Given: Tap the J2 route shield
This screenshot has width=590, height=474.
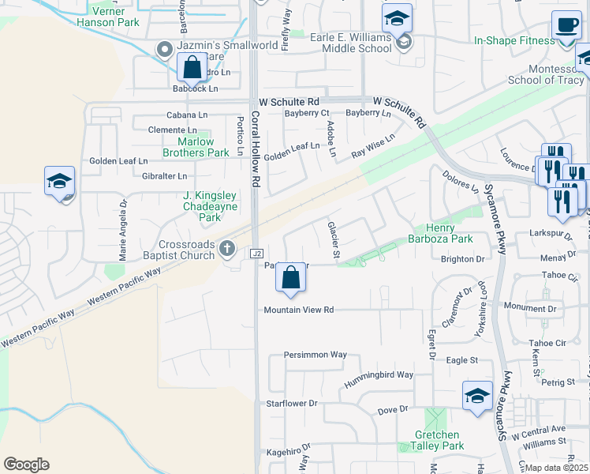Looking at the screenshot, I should click(x=256, y=254).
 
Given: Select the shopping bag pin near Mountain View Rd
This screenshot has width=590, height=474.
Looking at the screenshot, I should click(x=291, y=278).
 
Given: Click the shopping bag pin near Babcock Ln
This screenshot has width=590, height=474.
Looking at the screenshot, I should click(x=192, y=68).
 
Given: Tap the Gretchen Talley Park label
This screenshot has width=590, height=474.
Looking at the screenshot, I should click(x=439, y=440).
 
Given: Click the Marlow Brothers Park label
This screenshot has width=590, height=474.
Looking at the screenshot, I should click(x=196, y=147).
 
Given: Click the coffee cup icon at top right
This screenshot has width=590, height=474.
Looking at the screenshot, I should click(x=566, y=25).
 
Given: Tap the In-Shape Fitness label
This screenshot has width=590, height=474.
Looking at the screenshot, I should click(x=515, y=40).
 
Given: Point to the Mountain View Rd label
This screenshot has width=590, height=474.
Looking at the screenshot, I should click(x=300, y=310).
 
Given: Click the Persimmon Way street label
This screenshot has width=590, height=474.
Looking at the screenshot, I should click(x=316, y=355).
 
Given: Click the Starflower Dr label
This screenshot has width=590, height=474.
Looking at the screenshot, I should click(x=291, y=403).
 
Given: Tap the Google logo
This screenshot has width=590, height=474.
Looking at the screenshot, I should click(x=26, y=465).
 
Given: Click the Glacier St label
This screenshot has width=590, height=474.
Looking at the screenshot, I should click(x=334, y=239).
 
